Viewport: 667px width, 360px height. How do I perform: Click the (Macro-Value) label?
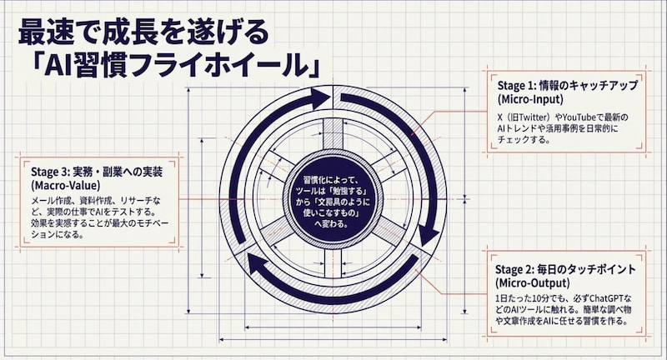(x=60, y=185)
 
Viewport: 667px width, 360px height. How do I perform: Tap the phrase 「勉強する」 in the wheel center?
(x=345, y=190)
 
